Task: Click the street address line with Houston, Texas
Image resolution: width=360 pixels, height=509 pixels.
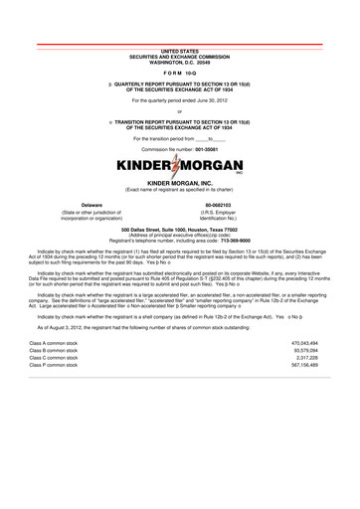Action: [x=180, y=229]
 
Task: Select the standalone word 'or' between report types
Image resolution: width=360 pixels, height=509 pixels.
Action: [x=180, y=110]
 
